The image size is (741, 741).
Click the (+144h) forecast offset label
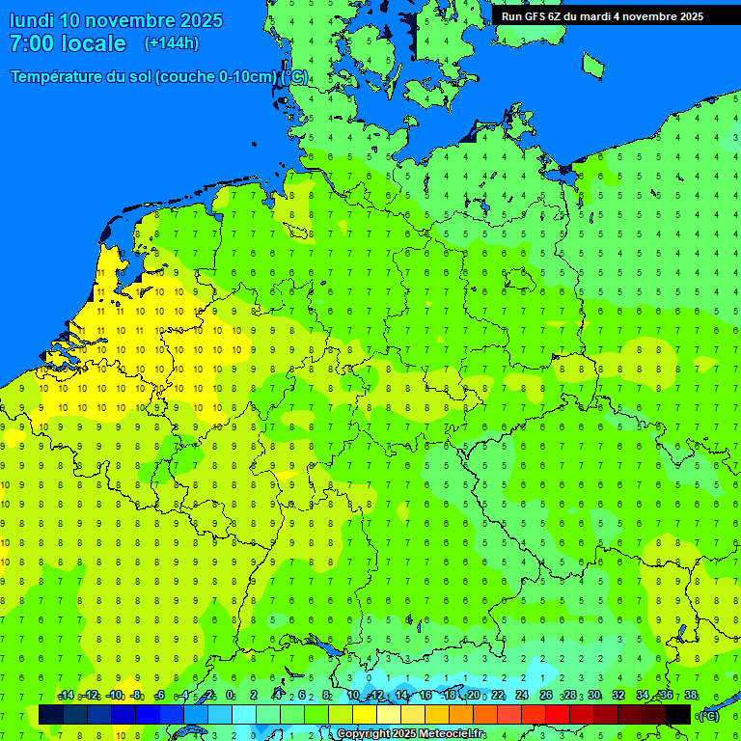point(171,43)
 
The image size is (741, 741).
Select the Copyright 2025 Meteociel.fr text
point(410,734)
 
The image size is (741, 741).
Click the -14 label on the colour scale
point(66,696)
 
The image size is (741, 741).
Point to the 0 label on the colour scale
point(230,696)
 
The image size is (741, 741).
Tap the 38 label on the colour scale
point(691,696)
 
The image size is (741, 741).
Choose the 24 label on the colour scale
point(522,696)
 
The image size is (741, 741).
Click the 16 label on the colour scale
point(425,696)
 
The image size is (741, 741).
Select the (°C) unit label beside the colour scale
point(708,716)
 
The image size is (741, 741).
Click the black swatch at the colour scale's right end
point(678,715)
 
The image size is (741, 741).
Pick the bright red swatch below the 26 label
point(558,715)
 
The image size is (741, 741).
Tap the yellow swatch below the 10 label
point(365,715)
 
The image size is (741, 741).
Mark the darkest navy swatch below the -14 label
point(51,715)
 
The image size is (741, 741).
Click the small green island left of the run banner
point(592,65)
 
